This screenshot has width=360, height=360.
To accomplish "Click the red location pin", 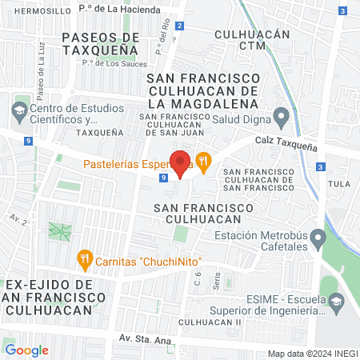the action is coord(181,162).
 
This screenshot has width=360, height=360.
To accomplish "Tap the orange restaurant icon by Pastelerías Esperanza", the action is coord(204,160).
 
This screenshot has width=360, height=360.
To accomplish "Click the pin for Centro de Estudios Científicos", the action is coord(19,109).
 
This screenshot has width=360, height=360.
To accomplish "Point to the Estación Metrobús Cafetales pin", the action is coord(318,238).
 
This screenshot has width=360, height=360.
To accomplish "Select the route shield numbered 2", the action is coord(180,26).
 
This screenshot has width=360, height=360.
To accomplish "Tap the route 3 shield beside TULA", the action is coord(319,166).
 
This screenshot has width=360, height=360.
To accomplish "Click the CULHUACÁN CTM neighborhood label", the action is coord(252,40).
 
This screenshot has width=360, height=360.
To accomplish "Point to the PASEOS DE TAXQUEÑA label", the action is coord(101,43).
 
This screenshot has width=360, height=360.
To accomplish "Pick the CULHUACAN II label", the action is coord(210,321).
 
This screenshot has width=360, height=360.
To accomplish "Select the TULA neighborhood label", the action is coord(340,183).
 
